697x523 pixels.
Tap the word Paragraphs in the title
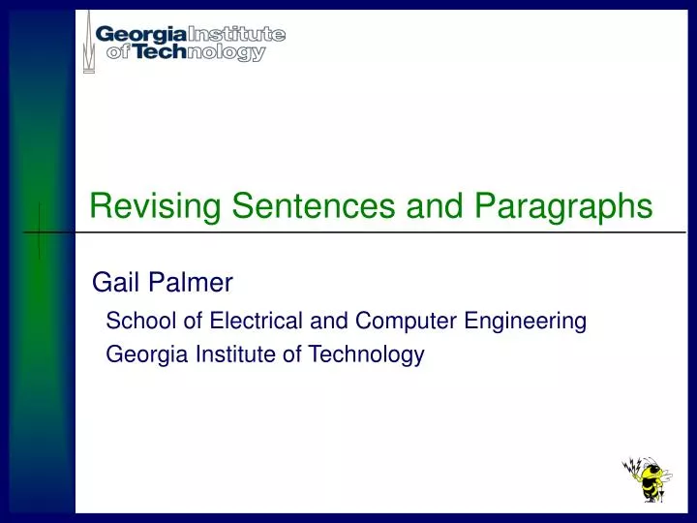565,207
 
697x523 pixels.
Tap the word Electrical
238,321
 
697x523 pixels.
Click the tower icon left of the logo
89,41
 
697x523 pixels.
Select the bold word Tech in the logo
160,53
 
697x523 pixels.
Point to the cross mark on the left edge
38,233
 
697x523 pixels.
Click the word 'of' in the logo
118,53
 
